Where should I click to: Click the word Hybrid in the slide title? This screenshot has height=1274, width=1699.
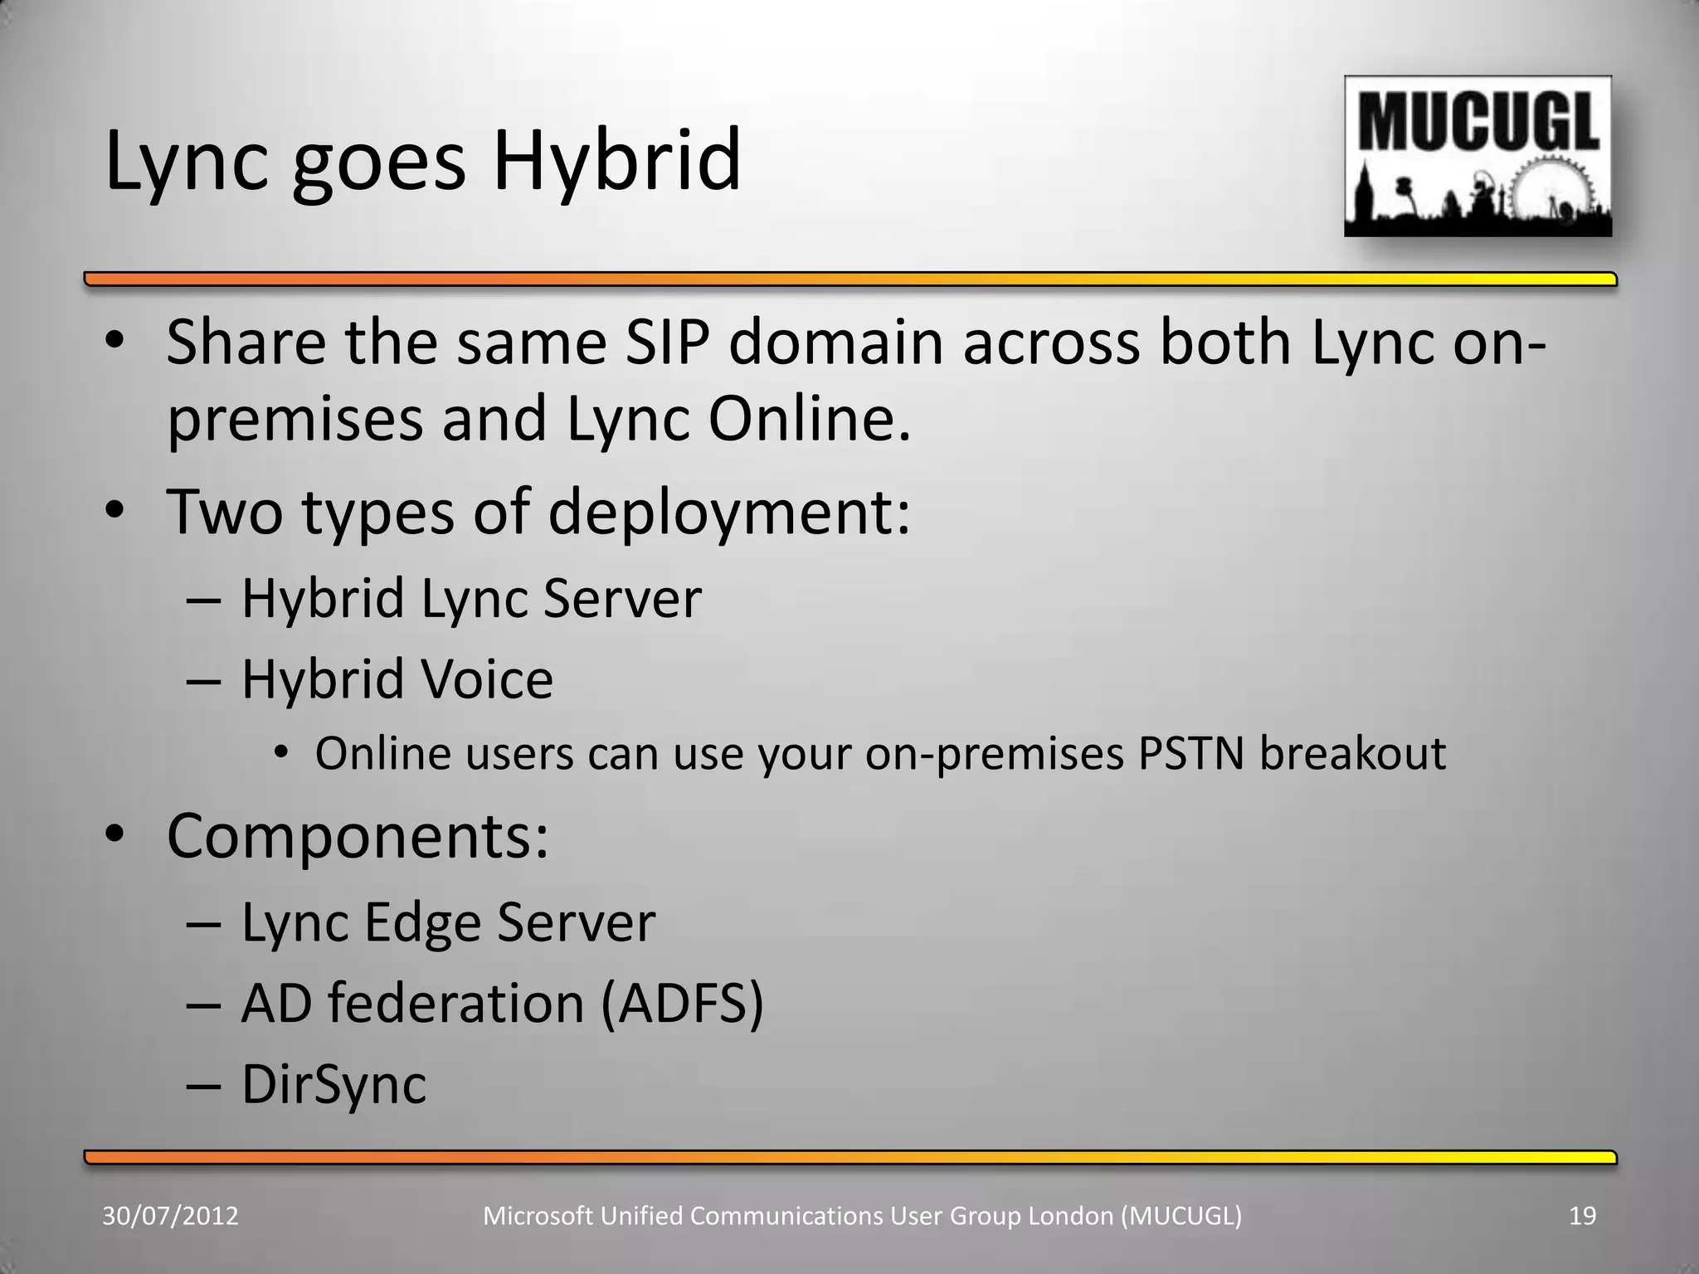[616, 162]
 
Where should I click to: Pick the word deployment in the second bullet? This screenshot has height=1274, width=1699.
[719, 512]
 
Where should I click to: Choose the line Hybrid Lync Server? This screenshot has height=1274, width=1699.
[470, 598]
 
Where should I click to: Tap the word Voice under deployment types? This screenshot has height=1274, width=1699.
[486, 679]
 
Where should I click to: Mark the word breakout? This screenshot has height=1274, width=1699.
[1352, 753]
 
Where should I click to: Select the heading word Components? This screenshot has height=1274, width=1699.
[357, 835]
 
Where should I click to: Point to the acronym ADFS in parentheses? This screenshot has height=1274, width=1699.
[680, 1003]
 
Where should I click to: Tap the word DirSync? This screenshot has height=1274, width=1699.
[333, 1084]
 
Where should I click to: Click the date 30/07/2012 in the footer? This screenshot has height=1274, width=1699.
[170, 1216]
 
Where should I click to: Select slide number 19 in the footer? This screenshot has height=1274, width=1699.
[1583, 1216]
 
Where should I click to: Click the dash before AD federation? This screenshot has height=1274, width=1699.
[204, 1004]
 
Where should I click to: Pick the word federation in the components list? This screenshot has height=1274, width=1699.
[455, 1003]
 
